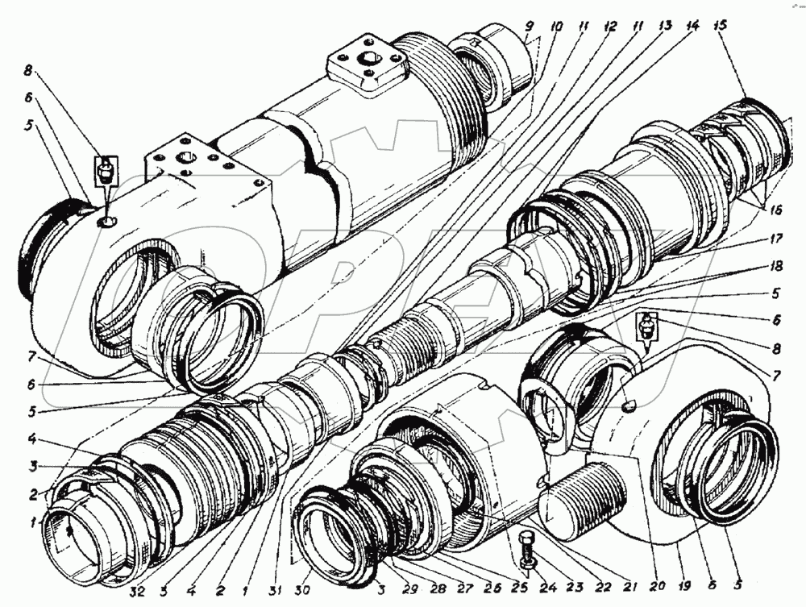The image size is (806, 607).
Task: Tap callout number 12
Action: [x=610, y=27]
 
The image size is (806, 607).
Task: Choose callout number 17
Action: [x=776, y=239]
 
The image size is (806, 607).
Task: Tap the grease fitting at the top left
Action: [x=106, y=170]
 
